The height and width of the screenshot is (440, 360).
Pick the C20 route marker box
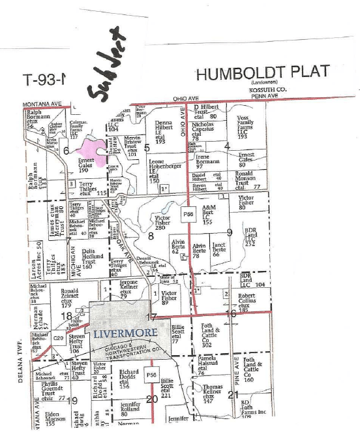[x=58, y=338]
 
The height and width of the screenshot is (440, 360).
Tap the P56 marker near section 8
[x=189, y=213]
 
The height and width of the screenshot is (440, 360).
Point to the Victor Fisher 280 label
[x=163, y=223]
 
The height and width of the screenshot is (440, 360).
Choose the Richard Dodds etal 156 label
[x=130, y=379]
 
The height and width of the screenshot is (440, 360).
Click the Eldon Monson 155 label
[x=57, y=418]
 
